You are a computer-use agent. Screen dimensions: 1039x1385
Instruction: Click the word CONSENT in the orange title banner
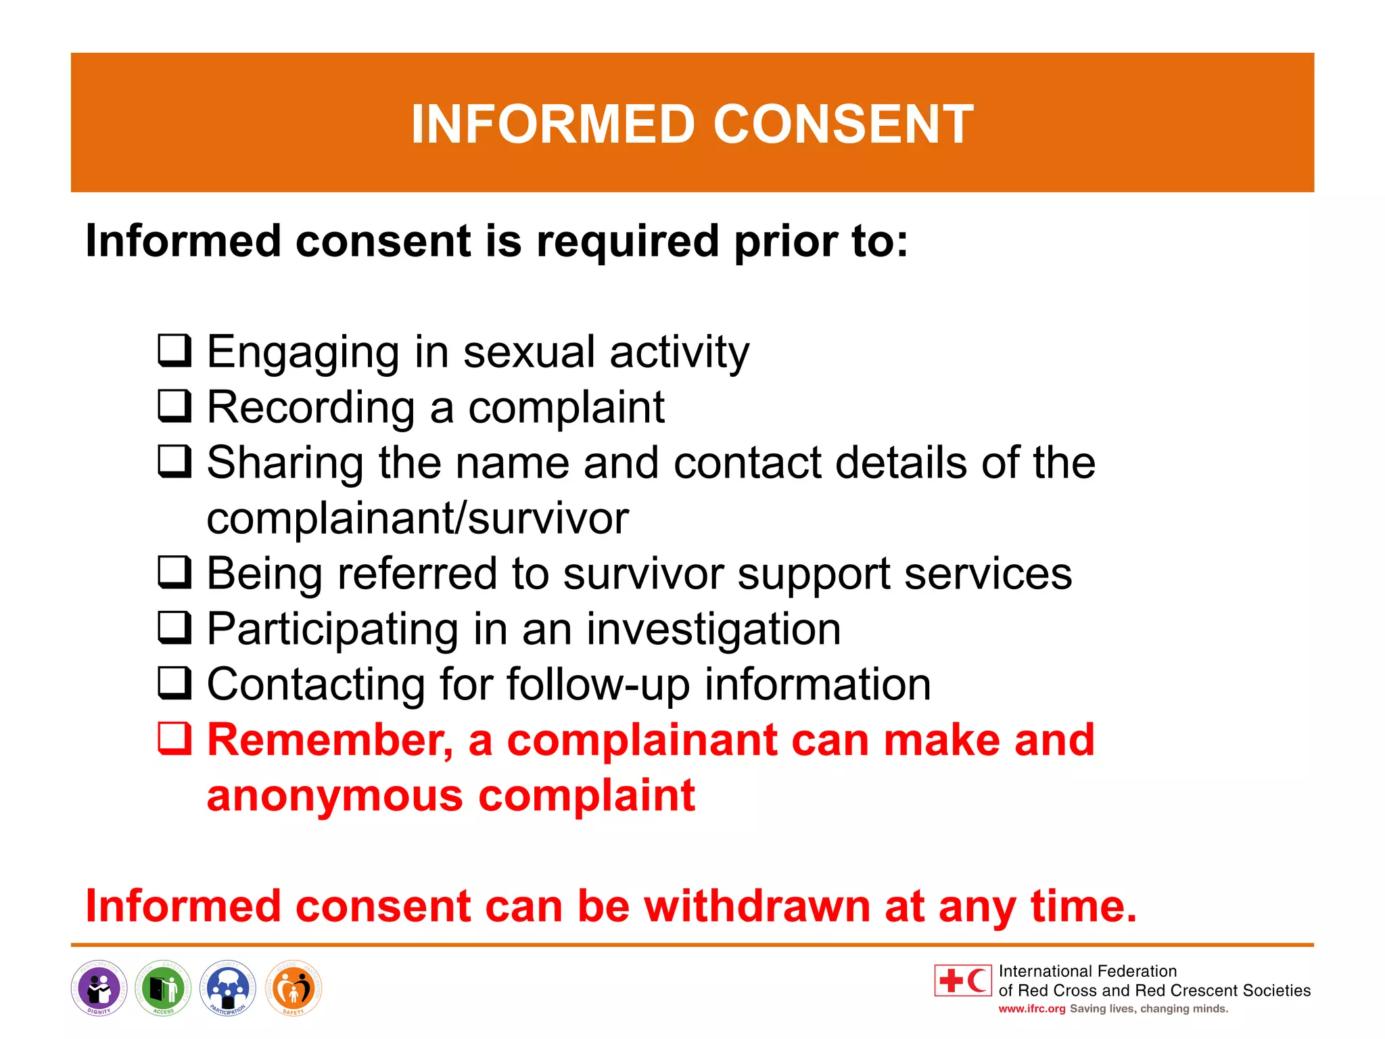843,124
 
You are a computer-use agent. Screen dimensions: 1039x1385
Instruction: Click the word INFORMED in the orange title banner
553,124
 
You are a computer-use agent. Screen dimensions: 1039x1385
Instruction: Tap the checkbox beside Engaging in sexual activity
175,350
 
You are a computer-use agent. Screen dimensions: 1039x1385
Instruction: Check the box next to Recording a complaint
175,405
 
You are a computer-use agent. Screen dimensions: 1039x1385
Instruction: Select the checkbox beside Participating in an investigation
175,627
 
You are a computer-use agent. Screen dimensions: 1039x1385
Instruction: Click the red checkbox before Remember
175,738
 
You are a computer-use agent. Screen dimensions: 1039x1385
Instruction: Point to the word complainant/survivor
417,519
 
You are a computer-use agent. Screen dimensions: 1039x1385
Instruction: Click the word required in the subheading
628,241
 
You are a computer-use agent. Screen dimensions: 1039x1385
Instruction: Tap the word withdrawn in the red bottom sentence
757,906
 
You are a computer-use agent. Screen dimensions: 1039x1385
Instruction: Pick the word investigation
713,628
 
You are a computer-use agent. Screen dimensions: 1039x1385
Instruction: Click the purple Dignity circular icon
99,988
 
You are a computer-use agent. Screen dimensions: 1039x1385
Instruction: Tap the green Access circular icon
164,988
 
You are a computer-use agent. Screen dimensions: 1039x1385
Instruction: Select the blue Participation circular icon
228,988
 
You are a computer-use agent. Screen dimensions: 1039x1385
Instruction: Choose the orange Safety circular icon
293,988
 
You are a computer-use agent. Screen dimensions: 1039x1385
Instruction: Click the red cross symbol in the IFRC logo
951,980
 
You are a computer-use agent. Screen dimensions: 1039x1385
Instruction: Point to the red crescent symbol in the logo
977,980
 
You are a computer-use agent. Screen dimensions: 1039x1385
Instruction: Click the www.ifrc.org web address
1031,1009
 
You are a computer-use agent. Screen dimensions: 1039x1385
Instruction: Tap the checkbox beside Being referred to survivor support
175,572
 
